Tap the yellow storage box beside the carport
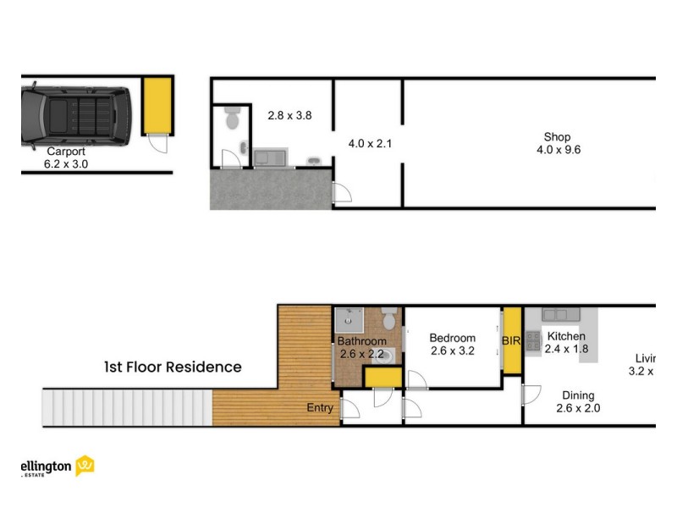[157, 105]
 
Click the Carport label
[65, 152]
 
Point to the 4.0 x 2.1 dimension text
[370, 144]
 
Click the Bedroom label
[452, 338]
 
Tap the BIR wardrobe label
[511, 340]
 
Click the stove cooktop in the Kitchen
[533, 340]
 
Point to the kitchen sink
[560, 314]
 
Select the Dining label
[575, 395]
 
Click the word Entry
[320, 408]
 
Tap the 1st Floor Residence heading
[173, 367]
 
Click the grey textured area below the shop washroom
[269, 188]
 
